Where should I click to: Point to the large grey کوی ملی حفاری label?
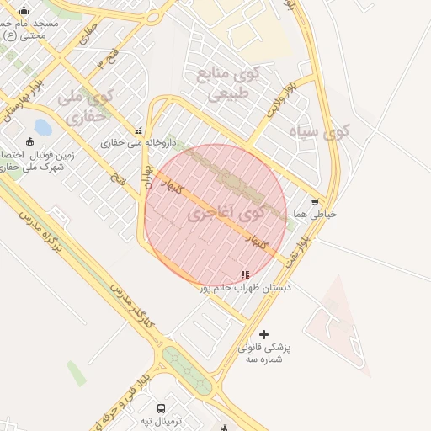84,109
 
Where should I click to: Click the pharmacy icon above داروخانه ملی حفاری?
139,131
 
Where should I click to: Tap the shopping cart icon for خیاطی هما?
314,202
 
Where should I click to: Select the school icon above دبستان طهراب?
245,274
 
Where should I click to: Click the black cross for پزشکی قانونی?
264,334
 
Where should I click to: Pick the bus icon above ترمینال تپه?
160,406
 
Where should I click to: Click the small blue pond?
42,128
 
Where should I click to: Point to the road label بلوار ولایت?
280,98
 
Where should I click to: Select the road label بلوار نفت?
301,251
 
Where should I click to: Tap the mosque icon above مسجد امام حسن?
24,11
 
